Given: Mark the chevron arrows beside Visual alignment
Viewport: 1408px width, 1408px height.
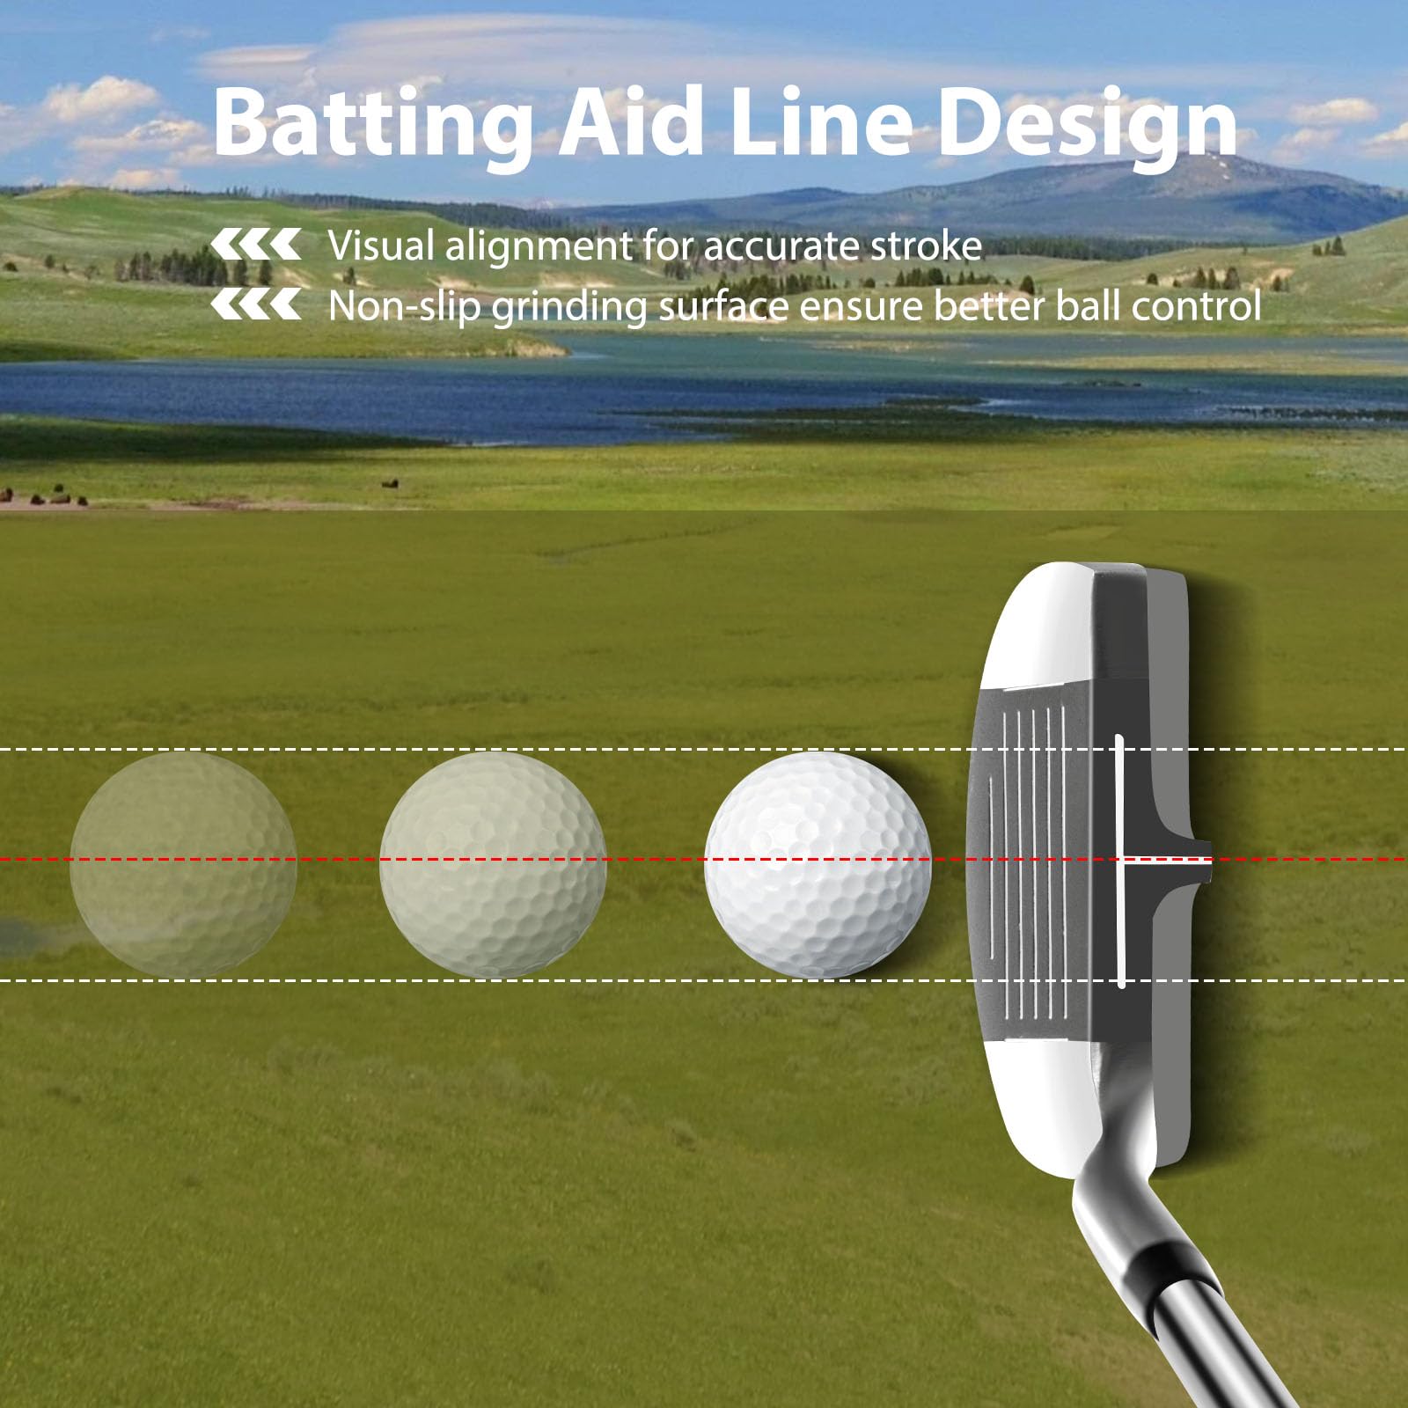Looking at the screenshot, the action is tap(256, 245).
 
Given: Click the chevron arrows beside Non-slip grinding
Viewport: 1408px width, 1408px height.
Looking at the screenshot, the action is tap(256, 304).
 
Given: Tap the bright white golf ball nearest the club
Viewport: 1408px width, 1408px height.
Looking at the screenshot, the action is tap(818, 865).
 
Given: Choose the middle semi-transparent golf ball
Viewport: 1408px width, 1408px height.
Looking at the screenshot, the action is tap(493, 865).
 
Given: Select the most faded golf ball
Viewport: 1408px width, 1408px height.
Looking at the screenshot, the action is tap(183, 865).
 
